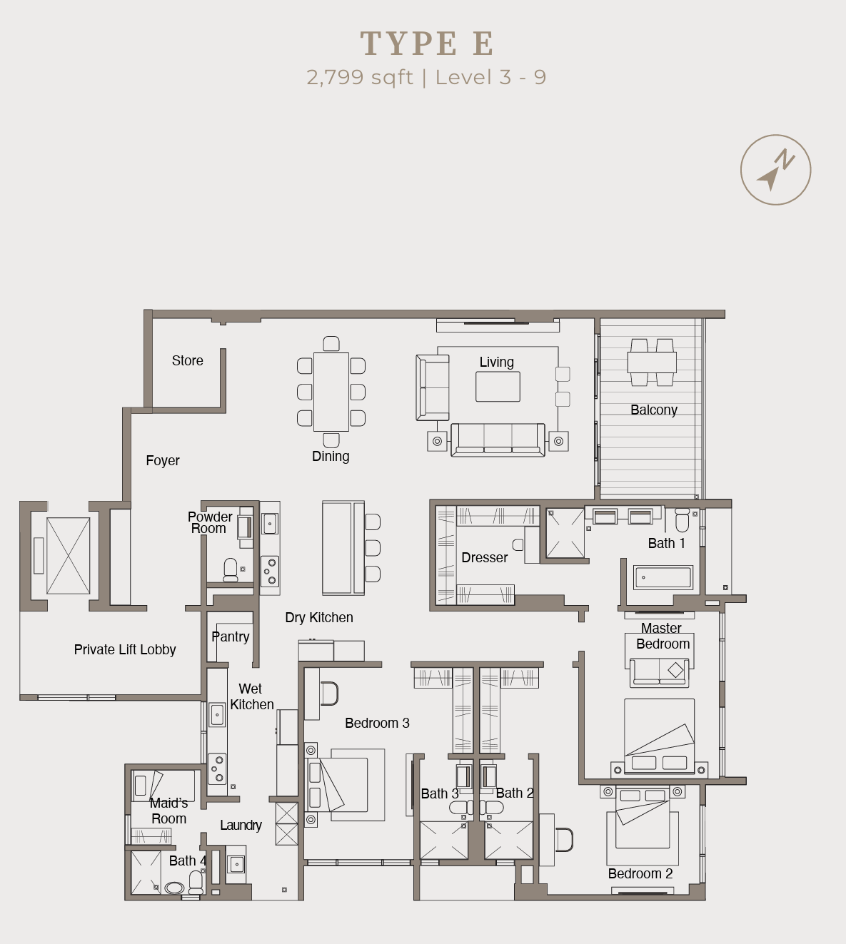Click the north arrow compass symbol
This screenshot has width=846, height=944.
pyautogui.click(x=775, y=171)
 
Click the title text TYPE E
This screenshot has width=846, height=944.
pyautogui.click(x=427, y=44)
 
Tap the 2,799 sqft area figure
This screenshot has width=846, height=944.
pyautogui.click(x=359, y=77)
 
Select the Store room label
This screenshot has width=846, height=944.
pyautogui.click(x=187, y=361)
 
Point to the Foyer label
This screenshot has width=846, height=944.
pyautogui.click(x=163, y=461)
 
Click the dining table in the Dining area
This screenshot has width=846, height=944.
pyautogui.click(x=331, y=392)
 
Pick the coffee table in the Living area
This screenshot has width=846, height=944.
pyautogui.click(x=498, y=387)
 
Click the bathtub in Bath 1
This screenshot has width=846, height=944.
pyautogui.click(x=663, y=577)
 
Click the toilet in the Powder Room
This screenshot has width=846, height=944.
pyautogui.click(x=231, y=569)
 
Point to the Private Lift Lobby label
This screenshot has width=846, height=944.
pyautogui.click(x=125, y=650)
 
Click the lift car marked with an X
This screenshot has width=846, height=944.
pyautogui.click(x=69, y=555)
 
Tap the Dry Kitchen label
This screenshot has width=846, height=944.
pyautogui.click(x=318, y=618)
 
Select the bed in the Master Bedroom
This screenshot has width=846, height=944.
pyautogui.click(x=659, y=735)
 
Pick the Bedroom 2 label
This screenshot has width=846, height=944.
pyautogui.click(x=640, y=874)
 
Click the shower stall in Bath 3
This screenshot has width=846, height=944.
pyautogui.click(x=443, y=841)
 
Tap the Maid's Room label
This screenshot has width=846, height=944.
pyautogui.click(x=168, y=811)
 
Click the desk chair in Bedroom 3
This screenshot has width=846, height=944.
pyautogui.click(x=329, y=693)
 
